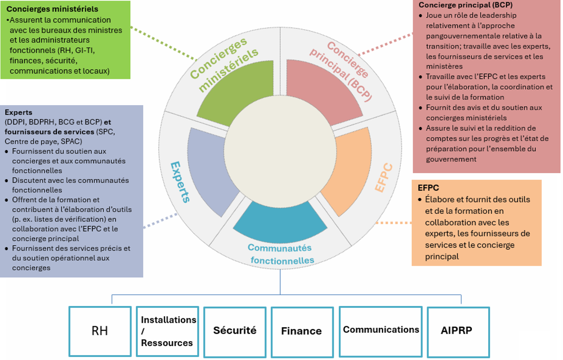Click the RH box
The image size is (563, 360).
coord(100,331)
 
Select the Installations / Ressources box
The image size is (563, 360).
coord(167,331)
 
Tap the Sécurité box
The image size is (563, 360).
coord(235,330)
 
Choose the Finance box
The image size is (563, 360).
coord(302,331)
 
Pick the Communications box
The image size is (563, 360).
coord(380,330)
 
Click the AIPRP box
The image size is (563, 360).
coord(458,331)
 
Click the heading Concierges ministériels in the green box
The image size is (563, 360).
coord(52,9)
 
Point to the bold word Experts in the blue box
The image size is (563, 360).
coord(18,113)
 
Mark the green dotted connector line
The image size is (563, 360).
coord(164,42)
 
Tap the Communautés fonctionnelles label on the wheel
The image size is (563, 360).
coord(281,254)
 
